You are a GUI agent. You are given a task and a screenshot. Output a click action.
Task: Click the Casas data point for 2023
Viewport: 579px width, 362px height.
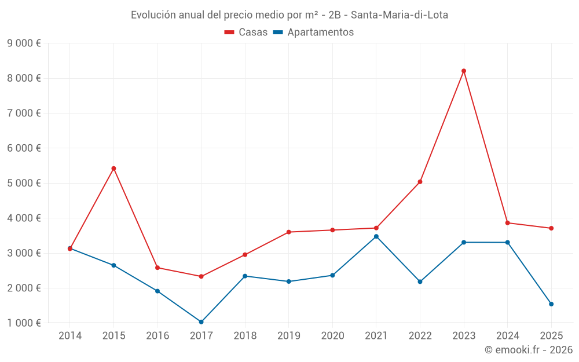(464, 71)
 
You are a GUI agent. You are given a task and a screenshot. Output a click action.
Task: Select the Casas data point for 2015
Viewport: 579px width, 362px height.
(113, 169)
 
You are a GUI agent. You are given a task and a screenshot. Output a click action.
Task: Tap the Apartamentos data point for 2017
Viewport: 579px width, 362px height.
(201, 322)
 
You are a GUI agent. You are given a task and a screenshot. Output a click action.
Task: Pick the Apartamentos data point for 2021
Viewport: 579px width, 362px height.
(376, 236)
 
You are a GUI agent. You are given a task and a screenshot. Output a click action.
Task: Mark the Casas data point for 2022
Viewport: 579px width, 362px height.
(420, 182)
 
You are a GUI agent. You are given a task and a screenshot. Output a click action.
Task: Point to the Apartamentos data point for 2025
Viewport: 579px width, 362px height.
(551, 304)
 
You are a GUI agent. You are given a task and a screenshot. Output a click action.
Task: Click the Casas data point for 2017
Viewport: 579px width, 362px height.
(201, 276)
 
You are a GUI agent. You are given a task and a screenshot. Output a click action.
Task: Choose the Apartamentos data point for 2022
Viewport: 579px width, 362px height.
(420, 281)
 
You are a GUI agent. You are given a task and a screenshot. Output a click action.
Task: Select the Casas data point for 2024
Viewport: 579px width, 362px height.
(507, 223)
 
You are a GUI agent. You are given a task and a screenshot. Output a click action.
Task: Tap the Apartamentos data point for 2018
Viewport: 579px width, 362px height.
(245, 276)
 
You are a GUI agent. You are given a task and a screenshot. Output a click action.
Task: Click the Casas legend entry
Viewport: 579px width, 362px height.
(246, 32)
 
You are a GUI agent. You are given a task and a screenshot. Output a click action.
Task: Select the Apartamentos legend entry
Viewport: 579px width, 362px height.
(313, 32)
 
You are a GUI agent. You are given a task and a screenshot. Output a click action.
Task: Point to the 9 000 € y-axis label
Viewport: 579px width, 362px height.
(24, 43)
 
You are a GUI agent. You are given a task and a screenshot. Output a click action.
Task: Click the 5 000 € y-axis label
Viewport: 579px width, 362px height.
(24, 183)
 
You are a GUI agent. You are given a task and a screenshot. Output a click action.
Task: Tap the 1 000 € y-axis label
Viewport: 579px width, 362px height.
(24, 323)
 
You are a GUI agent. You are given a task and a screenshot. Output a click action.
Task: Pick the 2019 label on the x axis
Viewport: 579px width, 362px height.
(288, 336)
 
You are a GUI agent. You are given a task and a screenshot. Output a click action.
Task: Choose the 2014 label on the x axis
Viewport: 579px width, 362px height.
(70, 336)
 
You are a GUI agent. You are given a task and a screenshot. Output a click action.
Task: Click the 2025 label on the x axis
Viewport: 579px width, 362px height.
(551, 336)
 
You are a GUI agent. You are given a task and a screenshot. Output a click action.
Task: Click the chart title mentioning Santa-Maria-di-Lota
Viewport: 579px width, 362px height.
(289, 14)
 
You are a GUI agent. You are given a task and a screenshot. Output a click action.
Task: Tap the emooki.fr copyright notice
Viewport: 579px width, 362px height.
(528, 350)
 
